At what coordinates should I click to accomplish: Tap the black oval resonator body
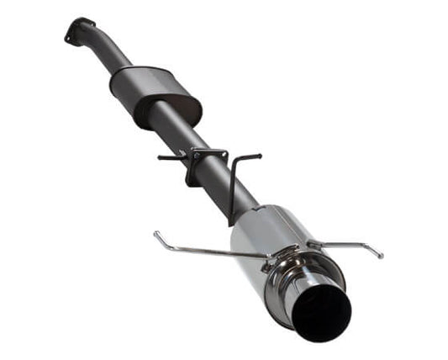tap(156, 95)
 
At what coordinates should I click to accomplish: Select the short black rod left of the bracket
tap(171, 156)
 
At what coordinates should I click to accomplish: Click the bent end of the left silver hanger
tap(157, 235)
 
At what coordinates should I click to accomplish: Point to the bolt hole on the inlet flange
tap(70, 34)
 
